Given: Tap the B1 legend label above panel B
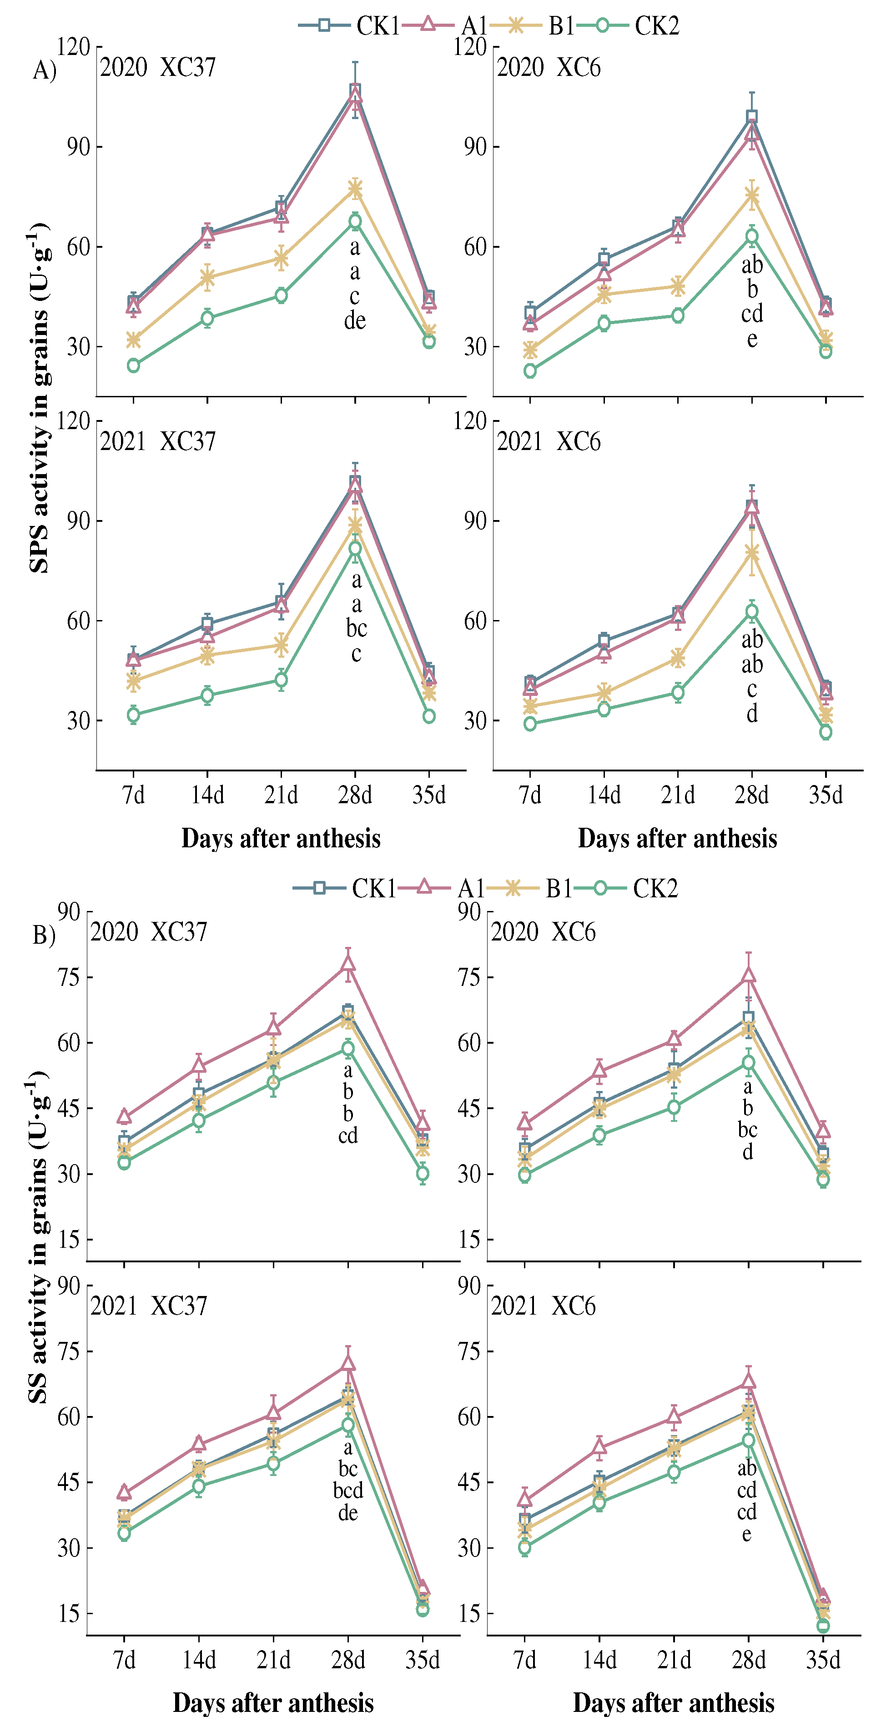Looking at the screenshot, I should click(559, 889).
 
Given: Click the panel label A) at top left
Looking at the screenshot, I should click(44, 70).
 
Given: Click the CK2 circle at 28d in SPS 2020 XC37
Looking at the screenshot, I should click(355, 221).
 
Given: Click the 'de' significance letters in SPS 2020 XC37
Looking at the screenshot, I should click(355, 321).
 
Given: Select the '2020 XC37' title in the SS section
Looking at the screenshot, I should click(149, 932).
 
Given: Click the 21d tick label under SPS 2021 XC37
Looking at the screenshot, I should click(281, 795).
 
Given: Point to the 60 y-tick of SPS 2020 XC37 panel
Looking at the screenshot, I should click(78, 246).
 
